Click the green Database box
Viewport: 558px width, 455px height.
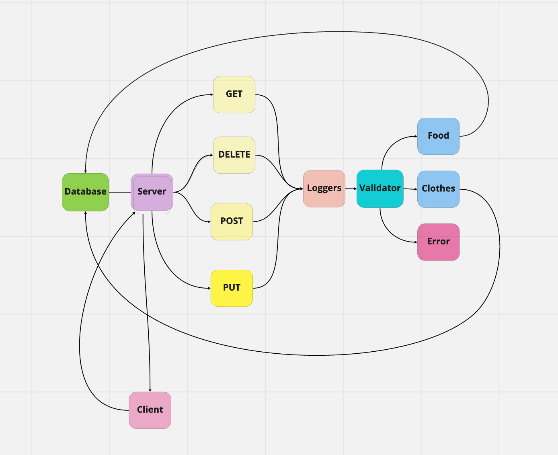tap(85, 192)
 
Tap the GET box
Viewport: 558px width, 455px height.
tap(234, 94)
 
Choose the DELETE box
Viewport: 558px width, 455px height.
tap(234, 155)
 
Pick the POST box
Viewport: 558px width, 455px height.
tap(232, 221)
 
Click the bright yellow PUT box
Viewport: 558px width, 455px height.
tap(232, 288)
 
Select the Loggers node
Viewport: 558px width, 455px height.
tap(324, 189)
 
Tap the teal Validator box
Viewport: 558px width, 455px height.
tap(380, 189)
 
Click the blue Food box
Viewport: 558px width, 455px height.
tap(438, 136)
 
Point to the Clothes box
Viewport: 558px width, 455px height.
tap(438, 189)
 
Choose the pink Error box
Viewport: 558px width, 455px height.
tap(438, 242)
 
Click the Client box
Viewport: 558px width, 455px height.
tap(150, 410)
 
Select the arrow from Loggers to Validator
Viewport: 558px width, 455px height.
tap(351, 189)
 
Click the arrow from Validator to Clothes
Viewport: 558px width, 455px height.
tap(410, 189)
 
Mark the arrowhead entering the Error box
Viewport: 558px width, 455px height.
tap(415, 242)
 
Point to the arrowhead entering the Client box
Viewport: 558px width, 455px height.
tap(150, 389)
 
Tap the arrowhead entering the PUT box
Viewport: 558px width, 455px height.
tap(209, 288)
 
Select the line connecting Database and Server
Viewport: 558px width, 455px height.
tap(120, 192)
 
